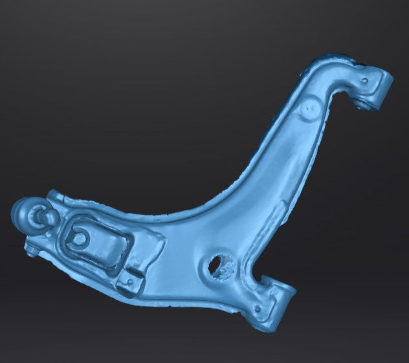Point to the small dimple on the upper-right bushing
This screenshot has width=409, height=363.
366,80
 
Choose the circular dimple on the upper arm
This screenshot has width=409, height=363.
309,107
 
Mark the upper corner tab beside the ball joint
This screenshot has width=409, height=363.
55,196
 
